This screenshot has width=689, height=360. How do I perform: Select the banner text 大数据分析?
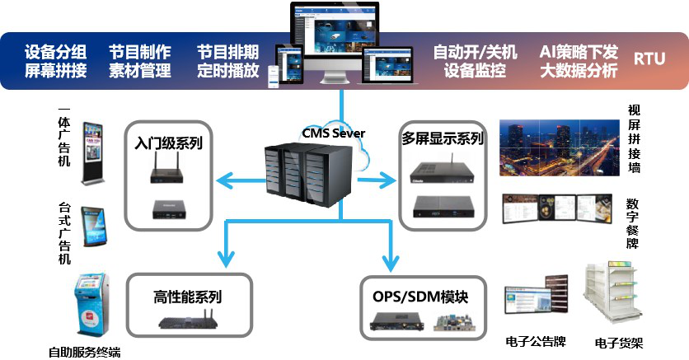(x=579, y=70)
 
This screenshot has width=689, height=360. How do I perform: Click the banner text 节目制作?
(x=140, y=51)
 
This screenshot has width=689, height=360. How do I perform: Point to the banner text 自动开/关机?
(x=476, y=51)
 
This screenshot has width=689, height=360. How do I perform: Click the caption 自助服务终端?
(x=84, y=352)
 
